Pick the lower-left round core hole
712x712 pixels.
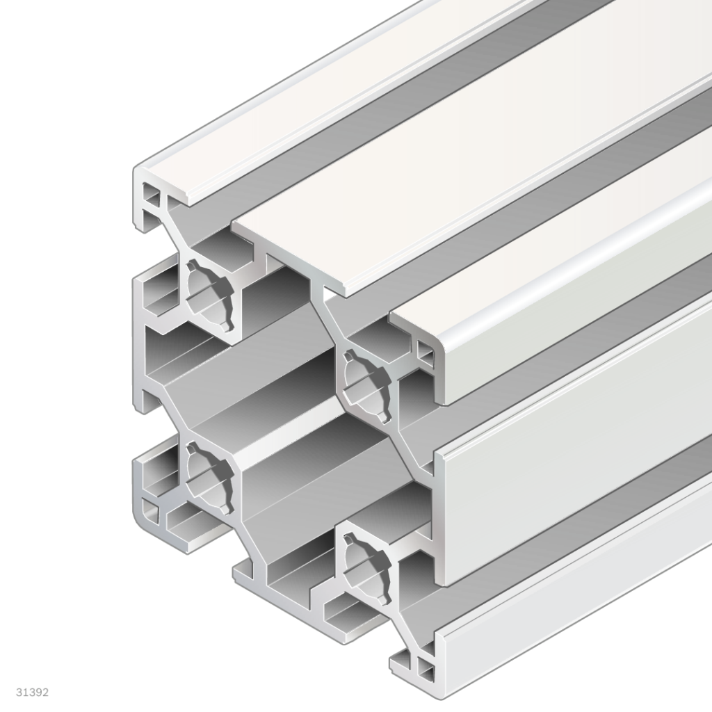pyautogui.click(x=208, y=476)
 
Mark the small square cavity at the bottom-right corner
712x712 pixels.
pyautogui.click(x=425, y=672)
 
